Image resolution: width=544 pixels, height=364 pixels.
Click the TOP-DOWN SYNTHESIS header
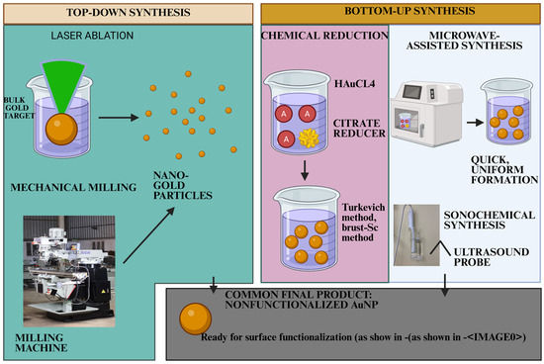point(128,13)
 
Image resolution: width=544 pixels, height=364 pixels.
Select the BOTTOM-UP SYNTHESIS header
point(409,11)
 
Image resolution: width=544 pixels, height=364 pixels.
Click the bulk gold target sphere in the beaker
point(61,130)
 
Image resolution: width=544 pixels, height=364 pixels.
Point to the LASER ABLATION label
point(92,36)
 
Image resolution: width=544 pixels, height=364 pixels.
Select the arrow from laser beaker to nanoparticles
point(119,118)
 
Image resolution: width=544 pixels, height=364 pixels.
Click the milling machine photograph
point(69,271)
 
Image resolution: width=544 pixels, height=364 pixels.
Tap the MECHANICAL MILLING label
point(73,187)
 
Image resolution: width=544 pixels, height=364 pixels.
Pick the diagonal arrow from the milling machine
point(148,235)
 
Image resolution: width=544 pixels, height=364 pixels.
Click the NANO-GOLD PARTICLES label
point(183,185)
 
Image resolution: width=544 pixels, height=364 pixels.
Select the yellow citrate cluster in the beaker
point(309,137)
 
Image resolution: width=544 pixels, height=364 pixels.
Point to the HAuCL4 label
point(354,84)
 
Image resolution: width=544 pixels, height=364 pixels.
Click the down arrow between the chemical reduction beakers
point(305,170)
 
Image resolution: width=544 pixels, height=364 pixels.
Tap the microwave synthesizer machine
point(426,114)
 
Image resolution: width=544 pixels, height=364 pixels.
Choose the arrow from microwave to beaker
point(475,123)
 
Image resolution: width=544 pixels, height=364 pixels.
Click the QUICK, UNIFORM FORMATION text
point(504,170)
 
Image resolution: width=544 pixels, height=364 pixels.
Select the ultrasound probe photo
point(416,234)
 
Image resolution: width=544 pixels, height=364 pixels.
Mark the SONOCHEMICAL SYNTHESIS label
point(490,220)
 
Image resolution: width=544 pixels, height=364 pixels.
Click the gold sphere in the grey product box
point(195,318)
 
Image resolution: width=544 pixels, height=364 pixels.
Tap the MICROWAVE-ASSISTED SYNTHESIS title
point(464,41)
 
